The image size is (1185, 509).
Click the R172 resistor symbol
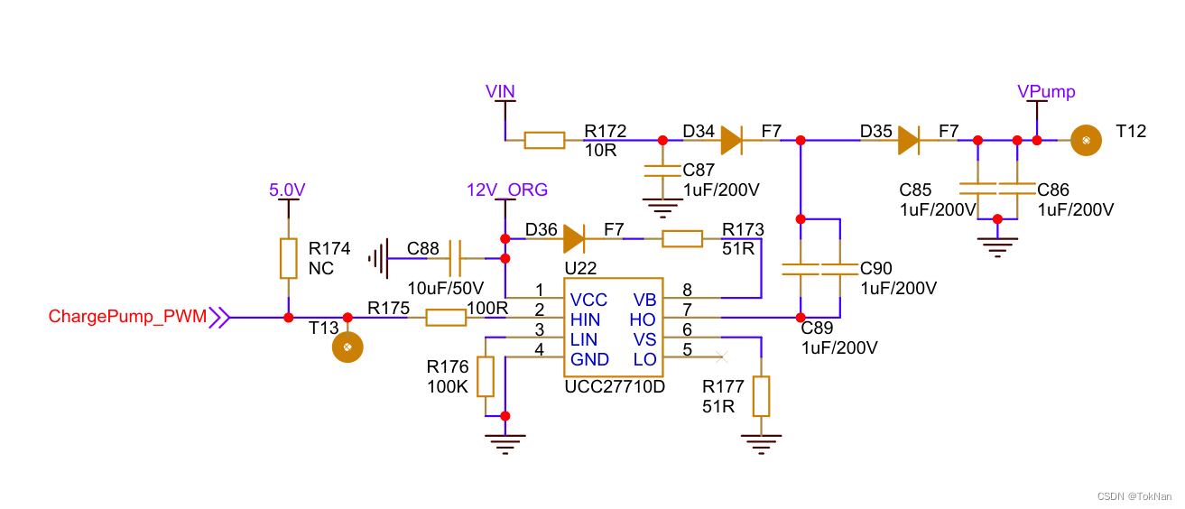544,140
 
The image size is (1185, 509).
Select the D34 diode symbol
731,140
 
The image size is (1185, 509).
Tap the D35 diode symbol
909,140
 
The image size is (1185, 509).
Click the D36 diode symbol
574,238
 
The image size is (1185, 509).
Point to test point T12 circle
1087,140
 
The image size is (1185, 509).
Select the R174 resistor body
288,258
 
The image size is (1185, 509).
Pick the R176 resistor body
486,376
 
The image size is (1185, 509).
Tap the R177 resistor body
762,395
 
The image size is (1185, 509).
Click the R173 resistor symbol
682,238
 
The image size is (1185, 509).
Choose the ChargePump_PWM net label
127,317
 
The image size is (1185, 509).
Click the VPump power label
1046,91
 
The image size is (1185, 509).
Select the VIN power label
500,90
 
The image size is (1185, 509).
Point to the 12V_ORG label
507,190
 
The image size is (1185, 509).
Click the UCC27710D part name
614,386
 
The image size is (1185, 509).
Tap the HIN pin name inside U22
586,319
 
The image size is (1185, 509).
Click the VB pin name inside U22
644,300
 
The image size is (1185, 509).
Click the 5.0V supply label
287,190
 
